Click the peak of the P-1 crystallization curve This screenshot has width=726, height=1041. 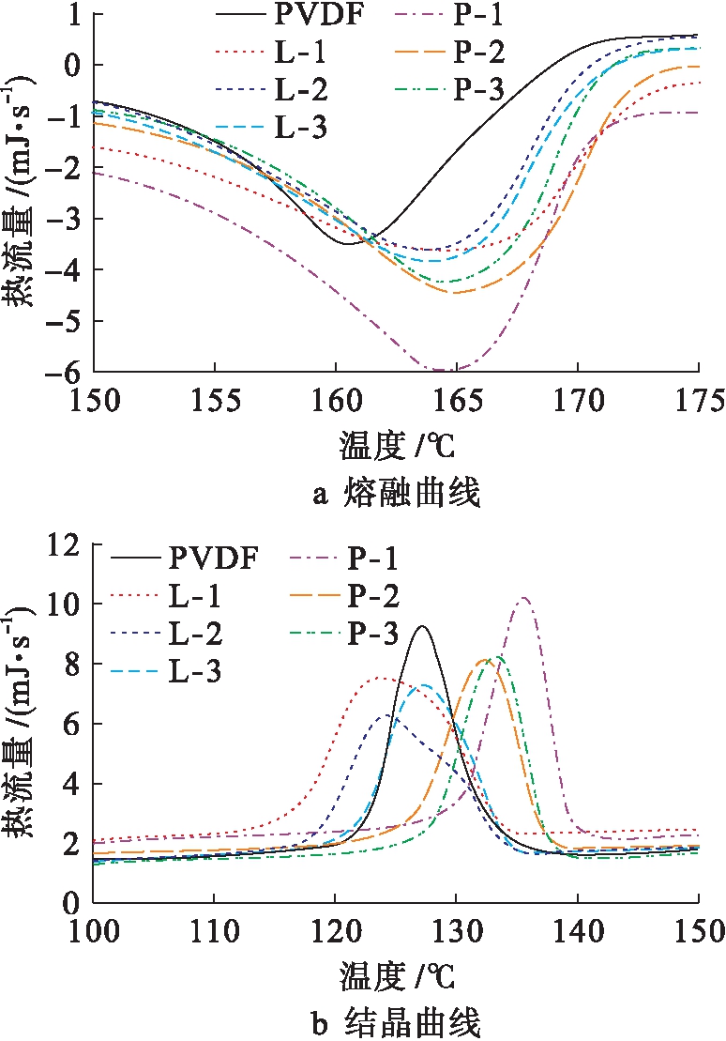point(523,598)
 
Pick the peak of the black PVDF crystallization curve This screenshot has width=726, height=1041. point(423,626)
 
